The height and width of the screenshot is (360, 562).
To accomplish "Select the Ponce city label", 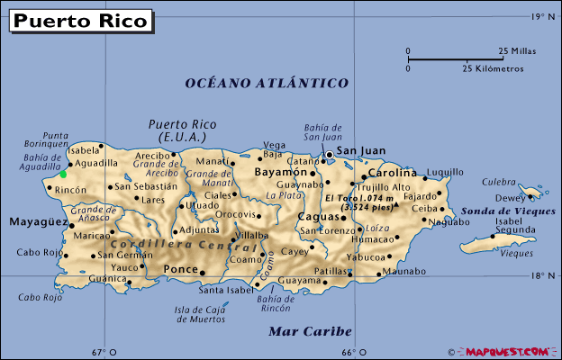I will [x=179, y=269].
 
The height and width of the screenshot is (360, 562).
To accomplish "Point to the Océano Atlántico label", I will [x=267, y=83].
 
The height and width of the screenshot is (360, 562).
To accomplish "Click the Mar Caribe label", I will [x=310, y=331].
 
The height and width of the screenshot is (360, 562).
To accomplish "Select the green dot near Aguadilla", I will [x=63, y=174].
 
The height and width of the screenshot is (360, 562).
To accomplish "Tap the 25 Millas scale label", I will [x=517, y=51].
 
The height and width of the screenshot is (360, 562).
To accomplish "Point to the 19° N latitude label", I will [x=539, y=16].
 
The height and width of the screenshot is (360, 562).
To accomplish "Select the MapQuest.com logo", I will [x=504, y=351].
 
